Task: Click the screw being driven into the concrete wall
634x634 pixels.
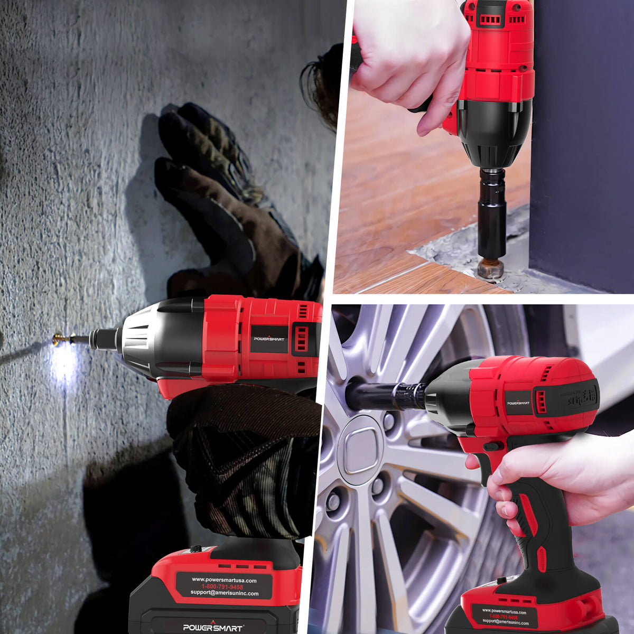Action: click(62, 338)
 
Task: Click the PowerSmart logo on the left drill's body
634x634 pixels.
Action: click(269, 338)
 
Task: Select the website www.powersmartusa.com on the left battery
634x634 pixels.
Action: click(224, 580)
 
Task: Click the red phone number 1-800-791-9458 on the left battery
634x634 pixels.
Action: click(222, 587)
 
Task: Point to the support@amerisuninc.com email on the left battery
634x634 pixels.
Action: click(224, 593)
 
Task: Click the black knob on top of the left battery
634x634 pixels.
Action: click(196, 549)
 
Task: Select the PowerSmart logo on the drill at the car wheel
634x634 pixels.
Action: click(518, 403)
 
